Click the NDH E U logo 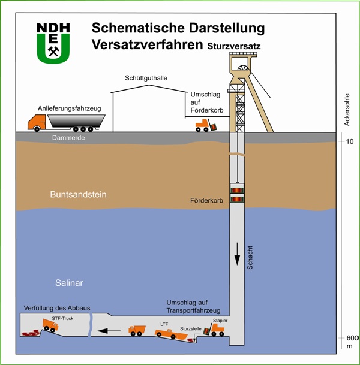coord(53,43)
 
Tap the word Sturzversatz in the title coord(234,46)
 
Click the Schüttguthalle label coord(146,78)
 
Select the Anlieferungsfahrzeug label coord(70,108)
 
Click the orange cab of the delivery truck coord(37,122)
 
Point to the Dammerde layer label coord(68,138)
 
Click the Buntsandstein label coord(78,194)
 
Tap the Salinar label coord(69,283)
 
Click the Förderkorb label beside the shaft coord(206,200)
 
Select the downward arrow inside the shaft coord(237,254)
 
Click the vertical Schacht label coord(250,258)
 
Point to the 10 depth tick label coord(350,141)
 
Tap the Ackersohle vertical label coord(347,110)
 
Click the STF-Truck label coord(62,318)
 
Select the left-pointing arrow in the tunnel coord(109,331)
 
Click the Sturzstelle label coord(191,329)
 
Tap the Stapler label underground coord(220,321)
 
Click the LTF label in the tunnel coord(164,324)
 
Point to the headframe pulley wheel coord(243,68)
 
